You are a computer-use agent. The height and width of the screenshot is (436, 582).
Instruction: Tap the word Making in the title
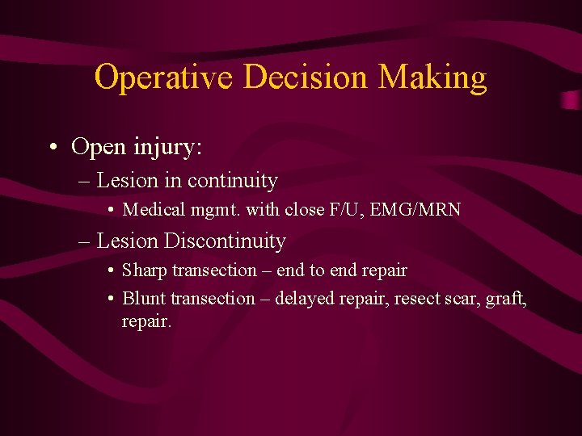pos(433,78)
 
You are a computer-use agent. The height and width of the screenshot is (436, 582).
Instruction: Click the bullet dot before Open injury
pos(52,148)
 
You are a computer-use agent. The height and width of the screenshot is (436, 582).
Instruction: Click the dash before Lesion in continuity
pos(84,181)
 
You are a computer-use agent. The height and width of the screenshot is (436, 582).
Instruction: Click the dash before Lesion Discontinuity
pos(84,241)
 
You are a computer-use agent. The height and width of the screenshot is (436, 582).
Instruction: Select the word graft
pos(504,298)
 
